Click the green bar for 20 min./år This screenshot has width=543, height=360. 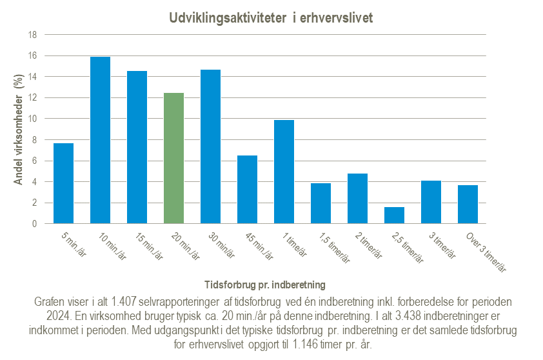173,159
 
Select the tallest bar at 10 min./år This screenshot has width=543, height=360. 100,140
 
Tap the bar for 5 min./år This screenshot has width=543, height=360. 63,183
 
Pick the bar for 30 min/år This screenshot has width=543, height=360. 210,146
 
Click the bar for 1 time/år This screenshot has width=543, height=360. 284,172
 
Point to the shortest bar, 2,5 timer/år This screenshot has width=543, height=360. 394,215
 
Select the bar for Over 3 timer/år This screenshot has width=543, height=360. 468,205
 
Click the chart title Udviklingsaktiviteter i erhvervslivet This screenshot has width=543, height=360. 271,18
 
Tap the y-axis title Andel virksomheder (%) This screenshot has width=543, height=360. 19,129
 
